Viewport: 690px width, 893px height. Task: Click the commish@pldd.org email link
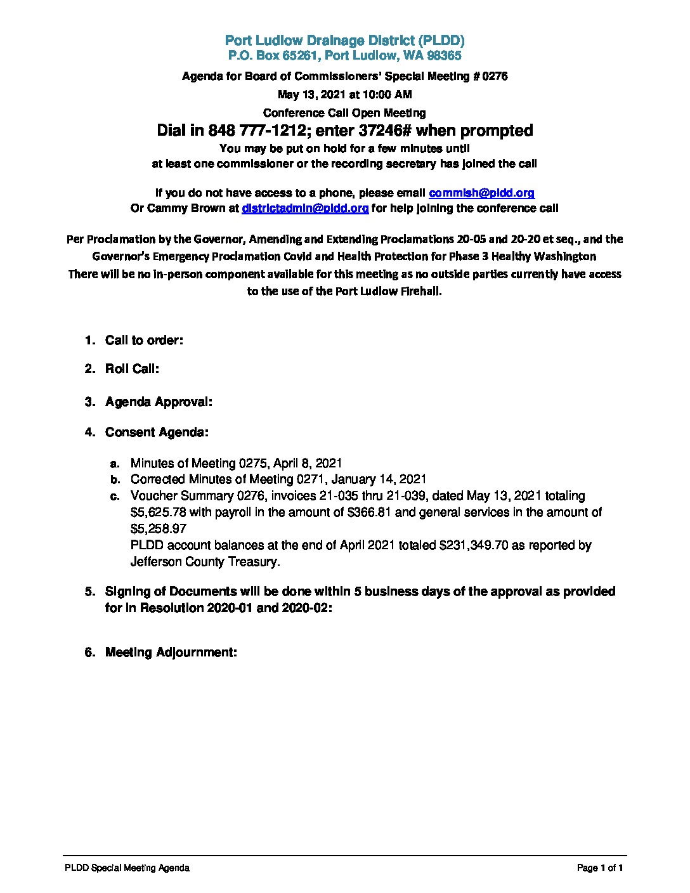481,193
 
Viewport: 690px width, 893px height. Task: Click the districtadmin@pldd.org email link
305,208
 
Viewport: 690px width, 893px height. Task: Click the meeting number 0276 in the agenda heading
495,76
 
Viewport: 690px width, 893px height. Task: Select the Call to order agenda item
144,341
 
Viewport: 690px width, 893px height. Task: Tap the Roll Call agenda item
132,369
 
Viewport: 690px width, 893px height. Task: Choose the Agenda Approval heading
159,402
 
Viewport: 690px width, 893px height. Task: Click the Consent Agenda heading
157,433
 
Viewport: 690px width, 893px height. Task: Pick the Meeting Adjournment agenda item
171,653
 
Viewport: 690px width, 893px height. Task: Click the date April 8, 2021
308,464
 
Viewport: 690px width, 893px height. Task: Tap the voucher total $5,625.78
158,512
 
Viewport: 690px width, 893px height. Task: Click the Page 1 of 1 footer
600,868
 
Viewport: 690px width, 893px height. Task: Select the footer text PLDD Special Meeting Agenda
127,868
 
